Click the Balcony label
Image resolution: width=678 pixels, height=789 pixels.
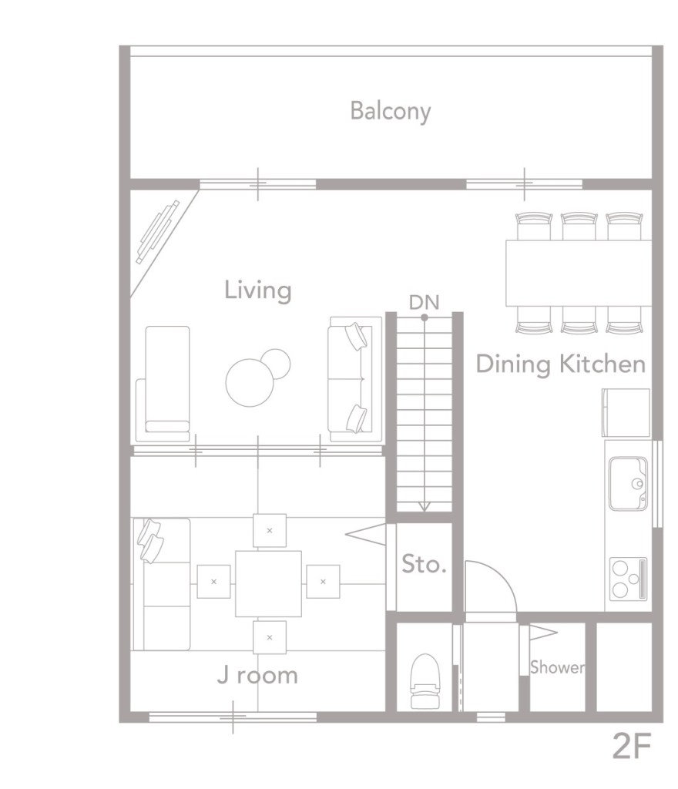click(391, 111)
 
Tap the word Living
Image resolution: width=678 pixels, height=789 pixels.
click(257, 290)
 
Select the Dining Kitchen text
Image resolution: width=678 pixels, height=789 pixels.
click(560, 364)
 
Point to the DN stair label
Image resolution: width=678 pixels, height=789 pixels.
click(424, 302)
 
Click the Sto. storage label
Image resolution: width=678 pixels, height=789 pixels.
click(424, 564)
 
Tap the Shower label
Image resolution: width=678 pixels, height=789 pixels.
click(557, 667)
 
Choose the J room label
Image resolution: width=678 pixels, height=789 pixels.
click(257, 675)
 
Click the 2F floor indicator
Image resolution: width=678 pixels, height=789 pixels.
click(632, 746)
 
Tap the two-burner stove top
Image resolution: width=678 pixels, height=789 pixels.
click(628, 579)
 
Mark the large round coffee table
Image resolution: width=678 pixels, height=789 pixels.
click(250, 382)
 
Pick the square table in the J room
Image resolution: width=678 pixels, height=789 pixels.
click(269, 584)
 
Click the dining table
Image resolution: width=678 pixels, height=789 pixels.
click(579, 274)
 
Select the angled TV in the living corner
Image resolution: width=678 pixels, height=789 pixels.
click(158, 232)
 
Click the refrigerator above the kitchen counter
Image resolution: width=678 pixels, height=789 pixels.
click(626, 413)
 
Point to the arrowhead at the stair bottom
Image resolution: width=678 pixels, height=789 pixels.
click(424, 507)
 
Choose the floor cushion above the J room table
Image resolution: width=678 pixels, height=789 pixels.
click(270, 530)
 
